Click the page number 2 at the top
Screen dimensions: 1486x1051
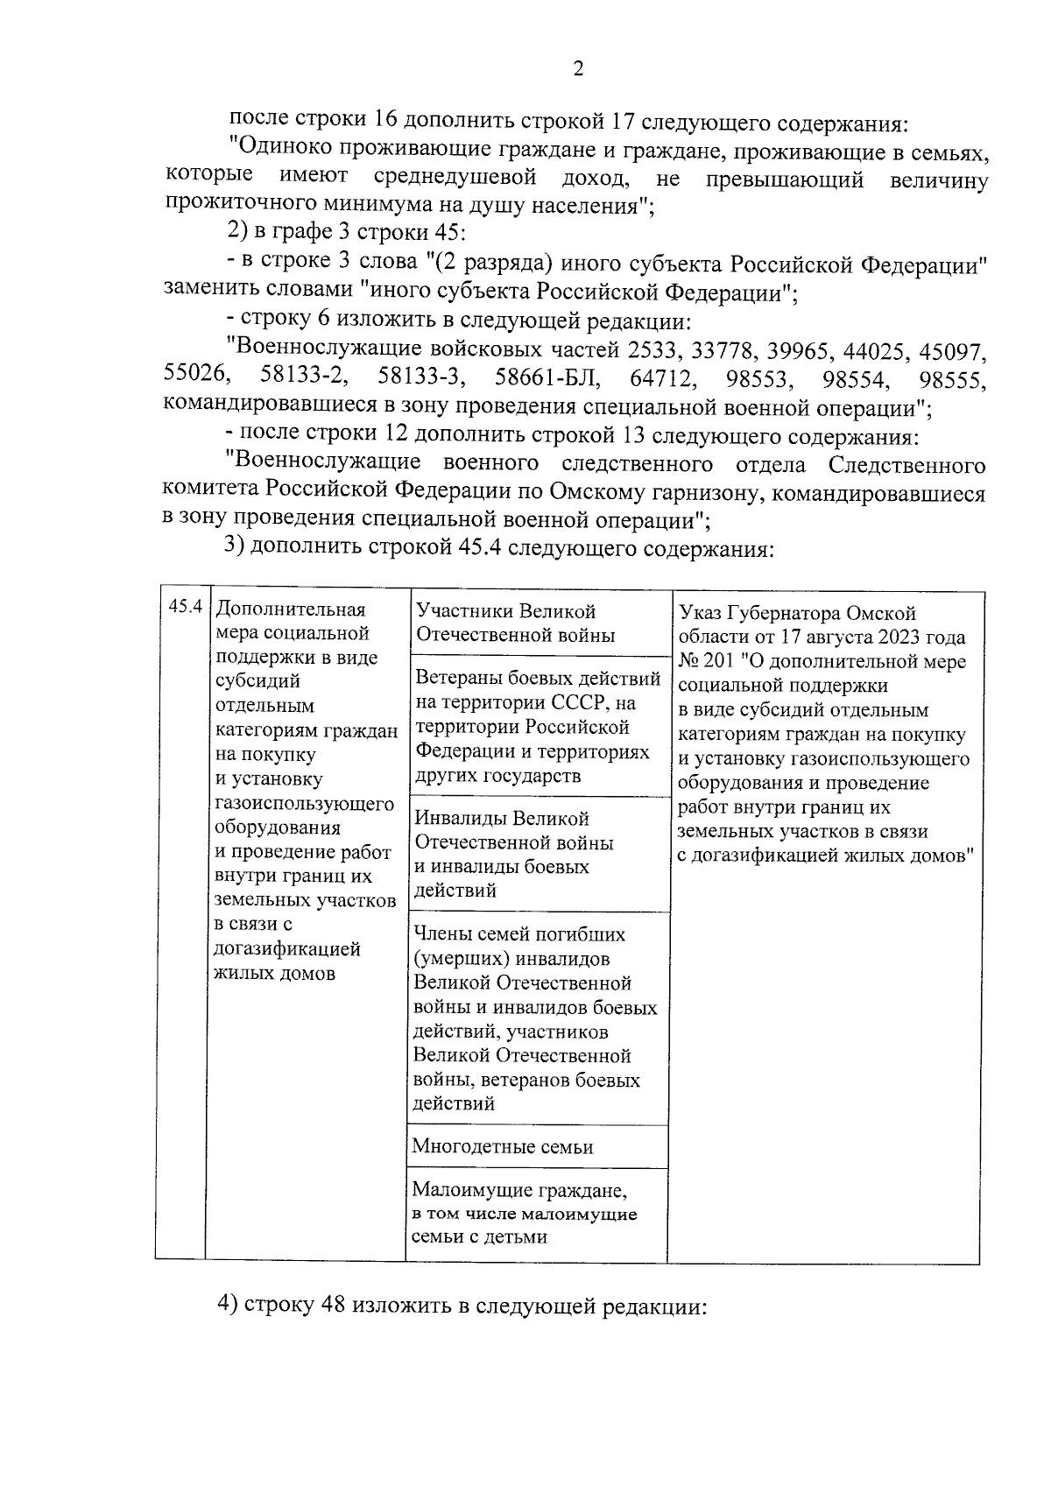point(577,70)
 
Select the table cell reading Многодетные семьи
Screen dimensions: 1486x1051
point(503,1146)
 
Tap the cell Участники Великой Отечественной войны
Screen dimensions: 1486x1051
point(515,623)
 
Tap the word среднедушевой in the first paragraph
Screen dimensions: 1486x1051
point(455,180)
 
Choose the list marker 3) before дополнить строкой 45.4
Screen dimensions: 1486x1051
point(236,548)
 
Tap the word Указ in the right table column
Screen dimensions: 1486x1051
point(701,612)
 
